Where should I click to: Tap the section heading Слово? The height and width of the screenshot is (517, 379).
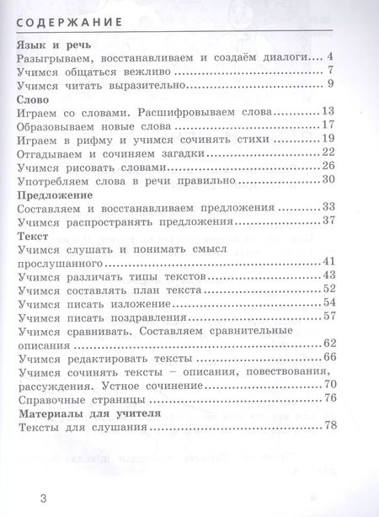tap(33, 99)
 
